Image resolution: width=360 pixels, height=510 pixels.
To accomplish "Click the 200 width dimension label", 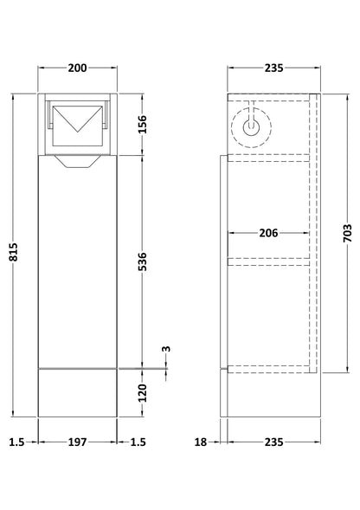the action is pyautogui.click(x=77, y=68).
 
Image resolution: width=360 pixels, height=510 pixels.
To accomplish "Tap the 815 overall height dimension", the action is pyautogui.click(x=14, y=252).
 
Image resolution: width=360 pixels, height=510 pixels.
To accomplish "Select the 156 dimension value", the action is pyautogui.click(x=143, y=124).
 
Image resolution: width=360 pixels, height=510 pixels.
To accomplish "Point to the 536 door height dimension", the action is pyautogui.click(x=143, y=261).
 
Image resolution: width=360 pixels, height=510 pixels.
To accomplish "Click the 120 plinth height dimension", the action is pyautogui.click(x=143, y=393).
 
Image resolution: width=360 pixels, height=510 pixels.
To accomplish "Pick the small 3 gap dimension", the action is pyautogui.click(x=166, y=349).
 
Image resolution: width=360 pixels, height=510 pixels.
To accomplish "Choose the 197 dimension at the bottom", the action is pyautogui.click(x=77, y=442).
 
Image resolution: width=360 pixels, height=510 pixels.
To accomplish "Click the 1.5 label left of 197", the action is pyautogui.click(x=16, y=442).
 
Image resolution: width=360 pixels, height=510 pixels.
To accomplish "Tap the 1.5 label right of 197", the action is pyautogui.click(x=138, y=442).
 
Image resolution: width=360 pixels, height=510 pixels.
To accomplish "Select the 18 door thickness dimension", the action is pyautogui.click(x=201, y=442).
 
